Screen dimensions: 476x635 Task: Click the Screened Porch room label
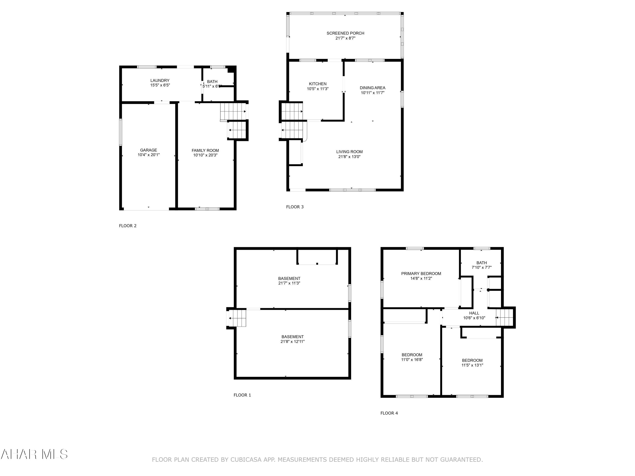point(345,33)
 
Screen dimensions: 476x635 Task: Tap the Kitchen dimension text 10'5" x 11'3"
point(317,89)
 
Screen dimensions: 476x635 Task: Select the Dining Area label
point(372,88)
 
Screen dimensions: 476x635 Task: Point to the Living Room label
point(349,152)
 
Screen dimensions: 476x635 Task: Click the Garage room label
point(148,150)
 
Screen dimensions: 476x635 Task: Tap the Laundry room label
point(160,81)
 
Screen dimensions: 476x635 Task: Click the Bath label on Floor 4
point(481,263)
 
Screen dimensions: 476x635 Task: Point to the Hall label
point(474,313)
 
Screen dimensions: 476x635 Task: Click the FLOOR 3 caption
point(295,207)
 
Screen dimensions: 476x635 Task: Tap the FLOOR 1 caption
point(242,395)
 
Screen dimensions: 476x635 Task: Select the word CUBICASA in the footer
point(246,460)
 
